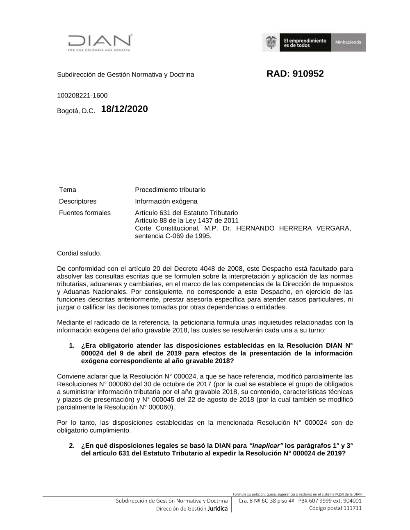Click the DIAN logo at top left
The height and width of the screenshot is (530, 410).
[x=100, y=42]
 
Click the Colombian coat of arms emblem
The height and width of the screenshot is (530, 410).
[x=271, y=42]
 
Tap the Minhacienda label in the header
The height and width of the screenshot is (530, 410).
[x=348, y=43]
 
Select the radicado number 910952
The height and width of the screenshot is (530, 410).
[x=308, y=74]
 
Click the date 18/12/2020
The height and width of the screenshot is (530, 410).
[x=124, y=109]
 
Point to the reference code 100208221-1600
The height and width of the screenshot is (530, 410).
[x=82, y=96]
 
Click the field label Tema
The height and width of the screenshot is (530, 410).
[x=68, y=190]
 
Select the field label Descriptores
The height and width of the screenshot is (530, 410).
[x=78, y=202]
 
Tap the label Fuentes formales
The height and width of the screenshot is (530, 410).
[x=85, y=213]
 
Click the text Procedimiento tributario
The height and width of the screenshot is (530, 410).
[x=170, y=190]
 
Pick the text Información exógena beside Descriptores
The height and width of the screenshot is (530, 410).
[x=166, y=202]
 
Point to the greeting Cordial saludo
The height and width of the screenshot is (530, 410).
[x=79, y=253]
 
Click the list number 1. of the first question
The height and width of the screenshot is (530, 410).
[x=72, y=346]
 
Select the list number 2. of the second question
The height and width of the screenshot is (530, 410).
[x=72, y=446]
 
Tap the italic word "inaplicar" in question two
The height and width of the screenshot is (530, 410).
[x=266, y=446]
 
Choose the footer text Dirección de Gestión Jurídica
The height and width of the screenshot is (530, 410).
[x=191, y=509]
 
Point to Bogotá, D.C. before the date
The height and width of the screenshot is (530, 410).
[x=76, y=111]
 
